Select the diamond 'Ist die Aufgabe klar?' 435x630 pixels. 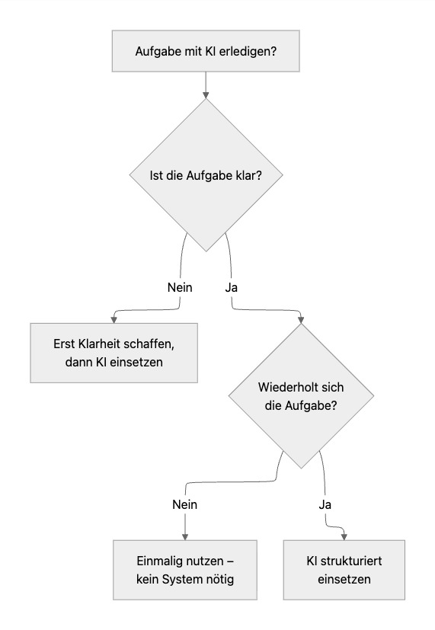[x=206, y=174]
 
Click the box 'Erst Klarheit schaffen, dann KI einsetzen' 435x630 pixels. [x=114, y=353]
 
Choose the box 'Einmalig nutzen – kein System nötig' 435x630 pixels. [x=185, y=570]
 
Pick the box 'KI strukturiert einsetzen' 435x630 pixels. [x=344, y=570]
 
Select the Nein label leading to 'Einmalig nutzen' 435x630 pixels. [x=185, y=504]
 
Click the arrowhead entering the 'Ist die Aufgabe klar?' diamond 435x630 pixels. [x=206, y=94]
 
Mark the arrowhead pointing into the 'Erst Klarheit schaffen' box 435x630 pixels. [x=114, y=319]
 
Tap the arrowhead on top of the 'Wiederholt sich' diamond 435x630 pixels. [x=302, y=319]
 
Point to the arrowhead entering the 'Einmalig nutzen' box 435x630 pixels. [x=185, y=536]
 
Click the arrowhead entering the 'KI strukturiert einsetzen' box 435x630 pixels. [x=344, y=536]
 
